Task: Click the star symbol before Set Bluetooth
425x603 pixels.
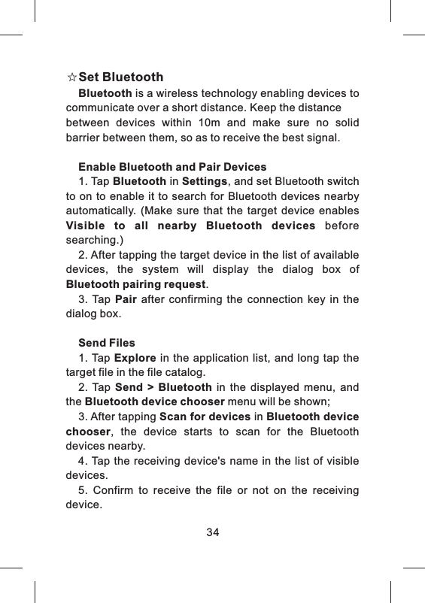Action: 71,77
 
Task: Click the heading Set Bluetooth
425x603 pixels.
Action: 121,77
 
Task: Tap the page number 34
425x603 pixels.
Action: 213,532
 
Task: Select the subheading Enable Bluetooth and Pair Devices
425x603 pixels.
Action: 172,166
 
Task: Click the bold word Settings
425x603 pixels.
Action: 205,181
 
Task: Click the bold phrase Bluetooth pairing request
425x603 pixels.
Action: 135,285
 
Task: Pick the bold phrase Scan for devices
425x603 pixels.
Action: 205,417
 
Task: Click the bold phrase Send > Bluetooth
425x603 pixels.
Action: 163,387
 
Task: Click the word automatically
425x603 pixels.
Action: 100,211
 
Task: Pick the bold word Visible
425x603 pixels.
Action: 87,226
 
